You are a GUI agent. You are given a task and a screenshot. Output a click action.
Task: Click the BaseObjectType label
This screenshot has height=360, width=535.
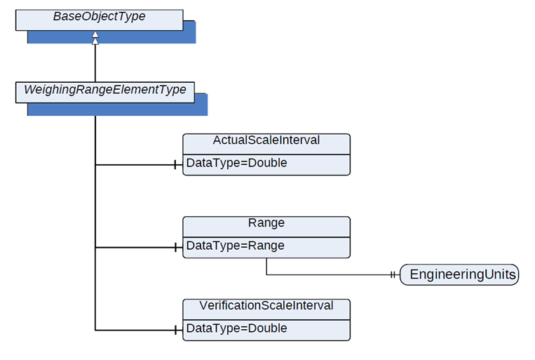[x=100, y=16]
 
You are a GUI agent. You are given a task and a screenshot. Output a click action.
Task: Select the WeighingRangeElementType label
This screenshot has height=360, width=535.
[x=105, y=90]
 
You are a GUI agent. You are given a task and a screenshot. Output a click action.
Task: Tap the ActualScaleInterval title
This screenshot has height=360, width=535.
[x=266, y=140]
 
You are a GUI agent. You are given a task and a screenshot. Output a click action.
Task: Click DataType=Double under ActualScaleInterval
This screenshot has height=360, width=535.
[x=236, y=163]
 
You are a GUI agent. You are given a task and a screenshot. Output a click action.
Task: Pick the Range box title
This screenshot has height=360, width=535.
[x=266, y=222]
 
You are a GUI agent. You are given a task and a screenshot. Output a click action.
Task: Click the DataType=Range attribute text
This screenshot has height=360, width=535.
[x=235, y=246]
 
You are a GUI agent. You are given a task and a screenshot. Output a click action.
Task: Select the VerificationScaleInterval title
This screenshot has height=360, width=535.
[x=266, y=305]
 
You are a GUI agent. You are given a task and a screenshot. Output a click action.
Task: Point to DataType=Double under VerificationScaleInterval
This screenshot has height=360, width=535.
[x=236, y=328]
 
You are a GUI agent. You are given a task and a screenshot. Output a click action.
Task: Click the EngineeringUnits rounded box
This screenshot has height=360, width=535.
[x=459, y=274]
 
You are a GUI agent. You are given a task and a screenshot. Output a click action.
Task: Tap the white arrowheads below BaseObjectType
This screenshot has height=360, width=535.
[x=95, y=38]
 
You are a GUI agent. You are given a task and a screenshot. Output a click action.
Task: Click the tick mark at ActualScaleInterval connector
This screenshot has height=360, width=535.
[x=175, y=165]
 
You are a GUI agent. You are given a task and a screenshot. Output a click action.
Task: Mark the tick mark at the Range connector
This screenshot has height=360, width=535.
[x=175, y=247]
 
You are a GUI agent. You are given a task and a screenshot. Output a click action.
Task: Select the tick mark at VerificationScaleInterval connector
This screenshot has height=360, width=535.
[x=175, y=330]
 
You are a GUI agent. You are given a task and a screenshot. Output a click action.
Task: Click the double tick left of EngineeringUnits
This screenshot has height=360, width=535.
[x=393, y=274]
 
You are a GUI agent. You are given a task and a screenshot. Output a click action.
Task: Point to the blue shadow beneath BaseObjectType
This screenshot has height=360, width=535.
[x=111, y=37]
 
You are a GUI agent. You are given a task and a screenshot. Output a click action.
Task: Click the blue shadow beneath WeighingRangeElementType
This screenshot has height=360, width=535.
[x=117, y=109]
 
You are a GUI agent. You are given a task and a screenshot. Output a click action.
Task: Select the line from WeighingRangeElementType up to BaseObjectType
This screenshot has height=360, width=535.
[x=95, y=63]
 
